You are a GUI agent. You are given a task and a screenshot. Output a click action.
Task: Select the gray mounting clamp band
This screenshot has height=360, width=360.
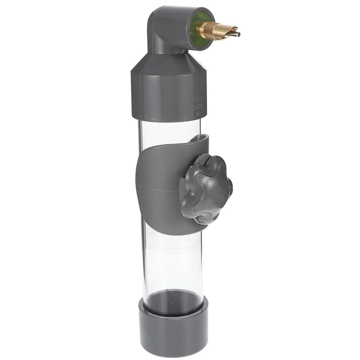(158, 187)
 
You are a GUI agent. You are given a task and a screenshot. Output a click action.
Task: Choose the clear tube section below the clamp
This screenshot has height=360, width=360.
(172, 262)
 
